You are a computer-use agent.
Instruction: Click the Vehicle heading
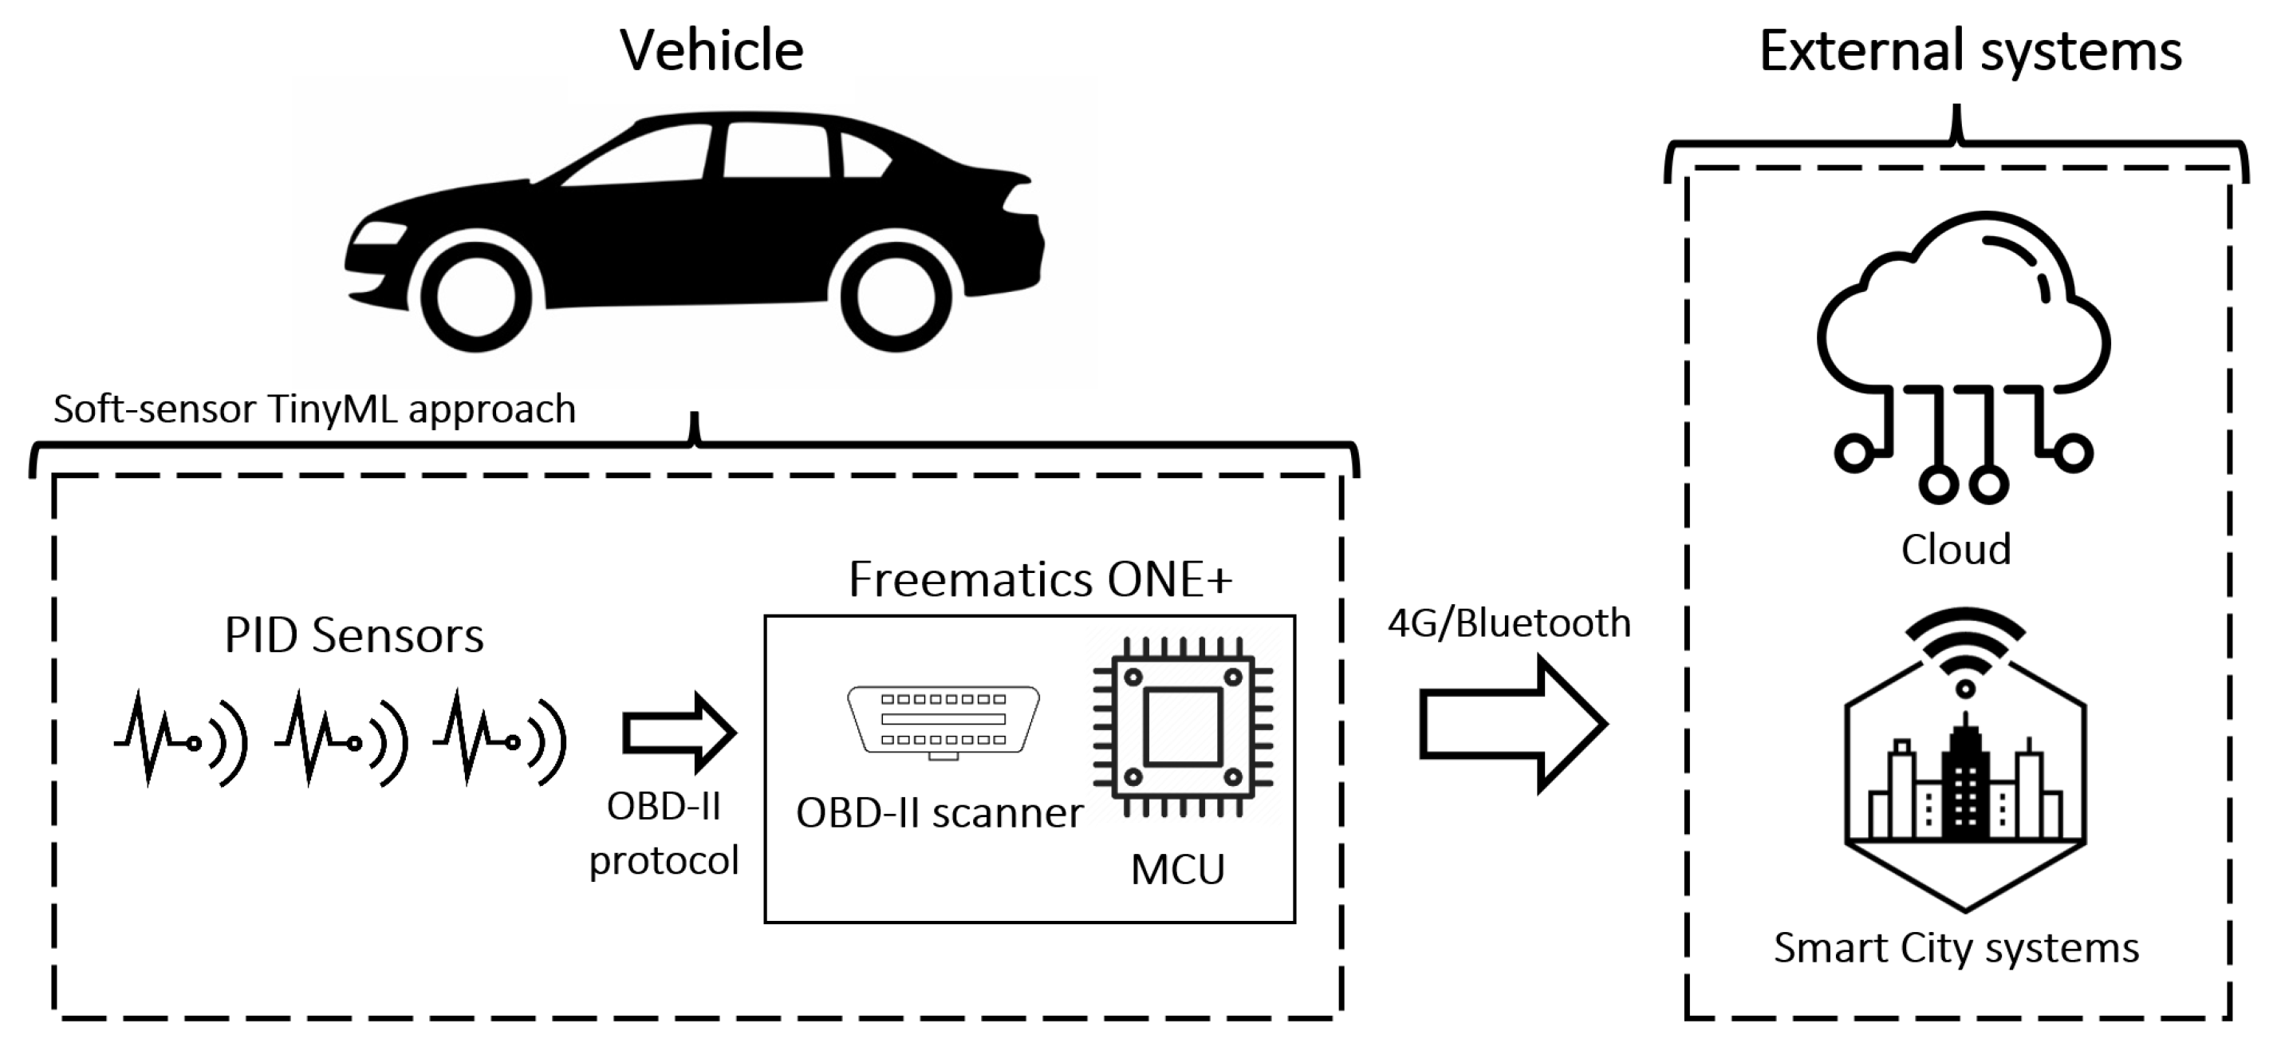(711, 50)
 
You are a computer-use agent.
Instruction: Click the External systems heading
(1969, 50)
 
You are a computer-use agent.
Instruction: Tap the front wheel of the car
(476, 298)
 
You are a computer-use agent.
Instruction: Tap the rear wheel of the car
(896, 298)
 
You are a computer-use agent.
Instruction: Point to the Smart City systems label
(1956, 948)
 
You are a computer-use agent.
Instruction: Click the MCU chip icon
(1182, 726)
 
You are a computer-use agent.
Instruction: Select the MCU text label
(1178, 869)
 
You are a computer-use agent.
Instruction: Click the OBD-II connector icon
(943, 720)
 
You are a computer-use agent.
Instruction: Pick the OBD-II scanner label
(940, 813)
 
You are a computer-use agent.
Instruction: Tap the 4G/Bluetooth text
(1508, 622)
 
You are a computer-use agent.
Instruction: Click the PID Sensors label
(353, 635)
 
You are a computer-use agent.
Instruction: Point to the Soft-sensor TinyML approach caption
(314, 409)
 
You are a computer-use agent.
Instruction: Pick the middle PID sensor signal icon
(341, 740)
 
